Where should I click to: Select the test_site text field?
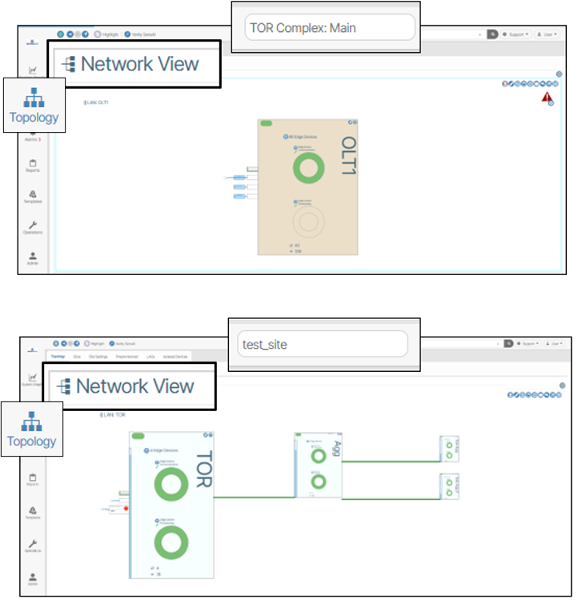click(318, 345)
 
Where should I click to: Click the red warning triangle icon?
click(547, 98)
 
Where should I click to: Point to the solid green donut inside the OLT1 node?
click(308, 169)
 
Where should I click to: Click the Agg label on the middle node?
click(337, 449)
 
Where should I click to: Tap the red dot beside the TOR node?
click(126, 508)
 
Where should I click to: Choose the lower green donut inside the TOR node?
click(169, 541)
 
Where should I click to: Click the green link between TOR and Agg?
click(255, 497)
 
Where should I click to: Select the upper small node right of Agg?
click(449, 449)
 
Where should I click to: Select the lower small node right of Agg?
click(449, 486)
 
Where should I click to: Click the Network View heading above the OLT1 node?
click(139, 64)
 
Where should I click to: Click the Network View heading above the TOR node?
click(135, 387)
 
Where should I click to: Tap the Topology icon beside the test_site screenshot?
click(32, 429)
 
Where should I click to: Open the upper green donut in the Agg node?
click(319, 455)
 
